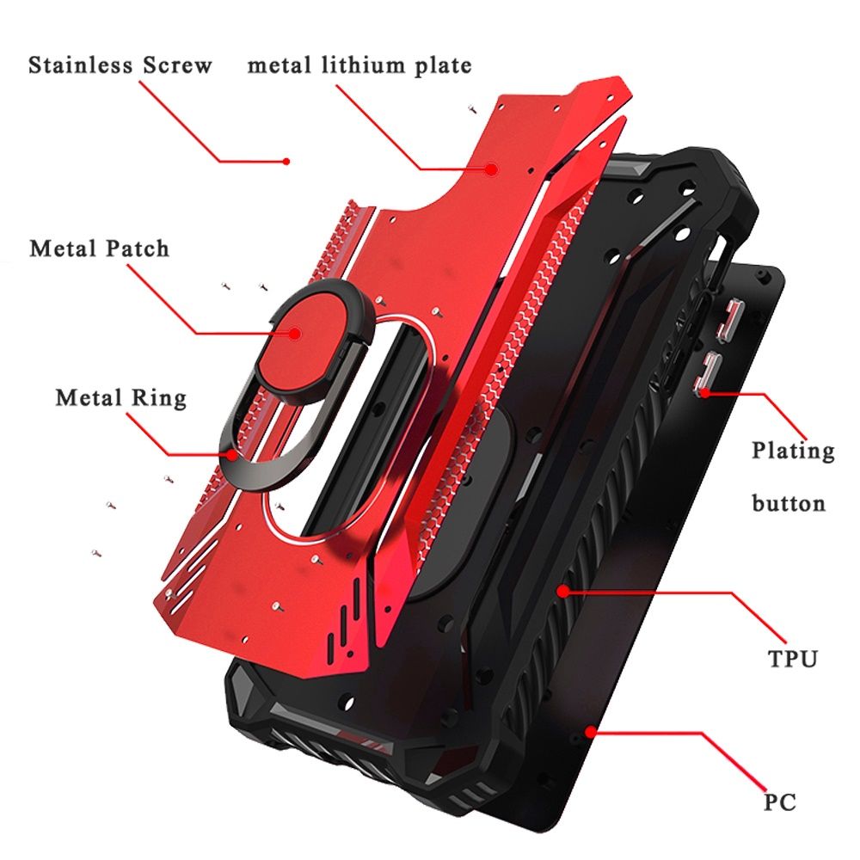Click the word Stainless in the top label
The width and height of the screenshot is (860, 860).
point(81,64)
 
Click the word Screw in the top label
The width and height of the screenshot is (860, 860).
point(178,64)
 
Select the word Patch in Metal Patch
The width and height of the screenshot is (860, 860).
point(137,249)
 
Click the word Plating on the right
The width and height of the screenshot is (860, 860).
point(793,451)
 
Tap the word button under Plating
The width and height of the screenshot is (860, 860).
point(788,503)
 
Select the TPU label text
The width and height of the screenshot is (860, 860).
point(793,658)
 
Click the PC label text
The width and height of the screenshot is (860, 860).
point(780,802)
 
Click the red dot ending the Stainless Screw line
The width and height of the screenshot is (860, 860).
point(286,162)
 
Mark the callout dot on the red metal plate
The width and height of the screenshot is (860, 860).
point(492,169)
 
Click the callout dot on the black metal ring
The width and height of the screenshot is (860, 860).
point(234,455)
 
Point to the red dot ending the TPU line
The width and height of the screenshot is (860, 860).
point(562,592)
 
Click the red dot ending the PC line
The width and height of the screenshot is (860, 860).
point(590,732)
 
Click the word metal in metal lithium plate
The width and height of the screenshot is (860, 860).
point(279,66)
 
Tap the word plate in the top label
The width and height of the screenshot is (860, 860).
point(444,66)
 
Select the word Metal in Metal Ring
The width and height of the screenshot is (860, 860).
point(89,397)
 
